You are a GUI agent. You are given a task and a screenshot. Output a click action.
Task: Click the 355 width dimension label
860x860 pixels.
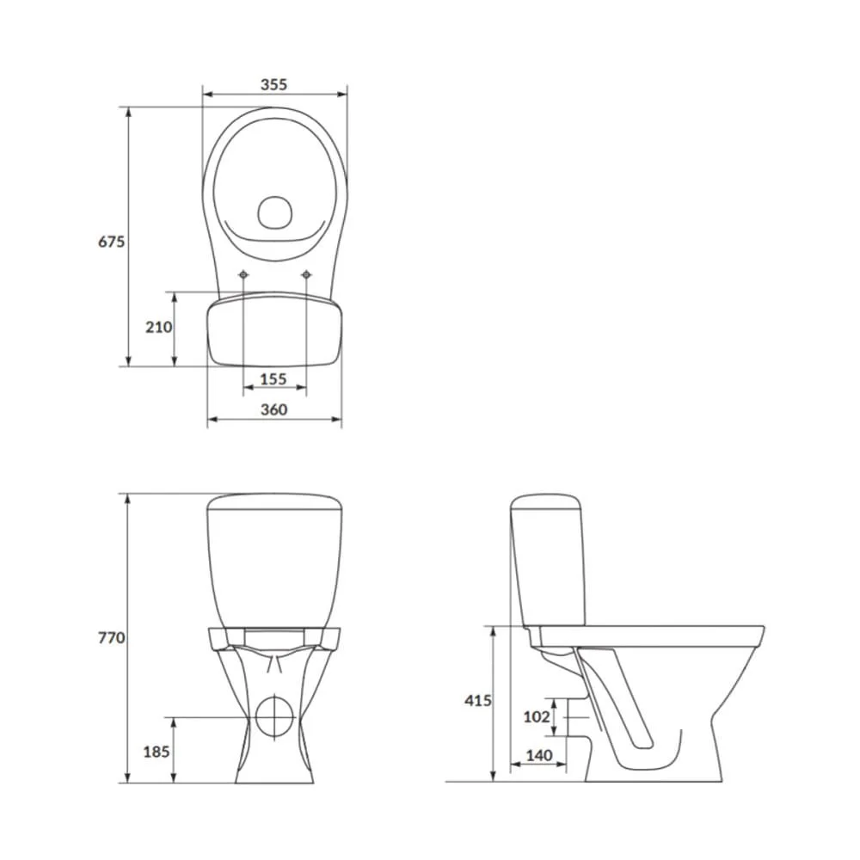pyautogui.click(x=273, y=84)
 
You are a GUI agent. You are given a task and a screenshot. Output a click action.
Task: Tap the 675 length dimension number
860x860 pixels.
pyautogui.click(x=111, y=242)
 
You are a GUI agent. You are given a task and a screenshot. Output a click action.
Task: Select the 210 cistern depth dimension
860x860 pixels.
pyautogui.click(x=158, y=327)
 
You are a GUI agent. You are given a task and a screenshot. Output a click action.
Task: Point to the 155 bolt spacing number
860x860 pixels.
pyautogui.click(x=273, y=379)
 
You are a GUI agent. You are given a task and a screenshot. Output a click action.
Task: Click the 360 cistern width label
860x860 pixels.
pyautogui.click(x=273, y=409)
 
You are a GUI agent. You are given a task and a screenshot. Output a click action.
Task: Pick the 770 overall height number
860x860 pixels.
pyautogui.click(x=111, y=638)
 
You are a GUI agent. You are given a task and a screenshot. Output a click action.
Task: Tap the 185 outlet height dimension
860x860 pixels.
pyautogui.click(x=157, y=752)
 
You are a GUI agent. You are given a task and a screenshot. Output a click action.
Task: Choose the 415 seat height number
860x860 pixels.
pyautogui.click(x=477, y=700)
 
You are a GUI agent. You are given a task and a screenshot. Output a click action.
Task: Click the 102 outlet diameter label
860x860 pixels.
pyautogui.click(x=536, y=717)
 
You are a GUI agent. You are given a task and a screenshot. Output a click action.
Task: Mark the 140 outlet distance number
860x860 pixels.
pyautogui.click(x=539, y=755)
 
